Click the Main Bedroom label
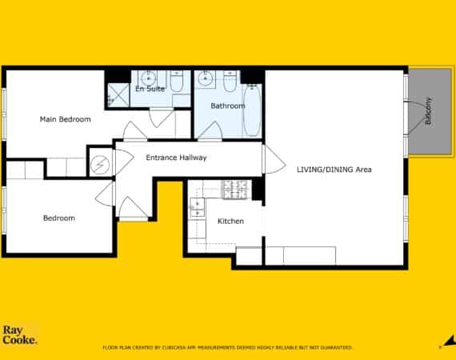click(x=65, y=119)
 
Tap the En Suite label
click(x=150, y=89)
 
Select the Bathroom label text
click(x=228, y=106)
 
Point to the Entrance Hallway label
click(x=176, y=158)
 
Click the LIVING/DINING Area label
click(x=334, y=170)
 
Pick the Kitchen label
click(x=230, y=222)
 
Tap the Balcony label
click(x=427, y=110)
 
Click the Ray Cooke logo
click(x=20, y=334)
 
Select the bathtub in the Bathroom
click(x=252, y=110)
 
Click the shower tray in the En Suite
click(x=118, y=94)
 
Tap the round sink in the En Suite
click(x=149, y=78)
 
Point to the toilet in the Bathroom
click(x=230, y=81)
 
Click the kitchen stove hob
click(x=235, y=190)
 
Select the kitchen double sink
click(x=197, y=208)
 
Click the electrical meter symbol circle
click(x=100, y=165)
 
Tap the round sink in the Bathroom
click(x=205, y=78)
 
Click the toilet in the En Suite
click(x=176, y=81)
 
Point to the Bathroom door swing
click(x=210, y=131)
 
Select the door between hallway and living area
click(x=274, y=159)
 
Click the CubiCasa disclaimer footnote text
click(x=227, y=347)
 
